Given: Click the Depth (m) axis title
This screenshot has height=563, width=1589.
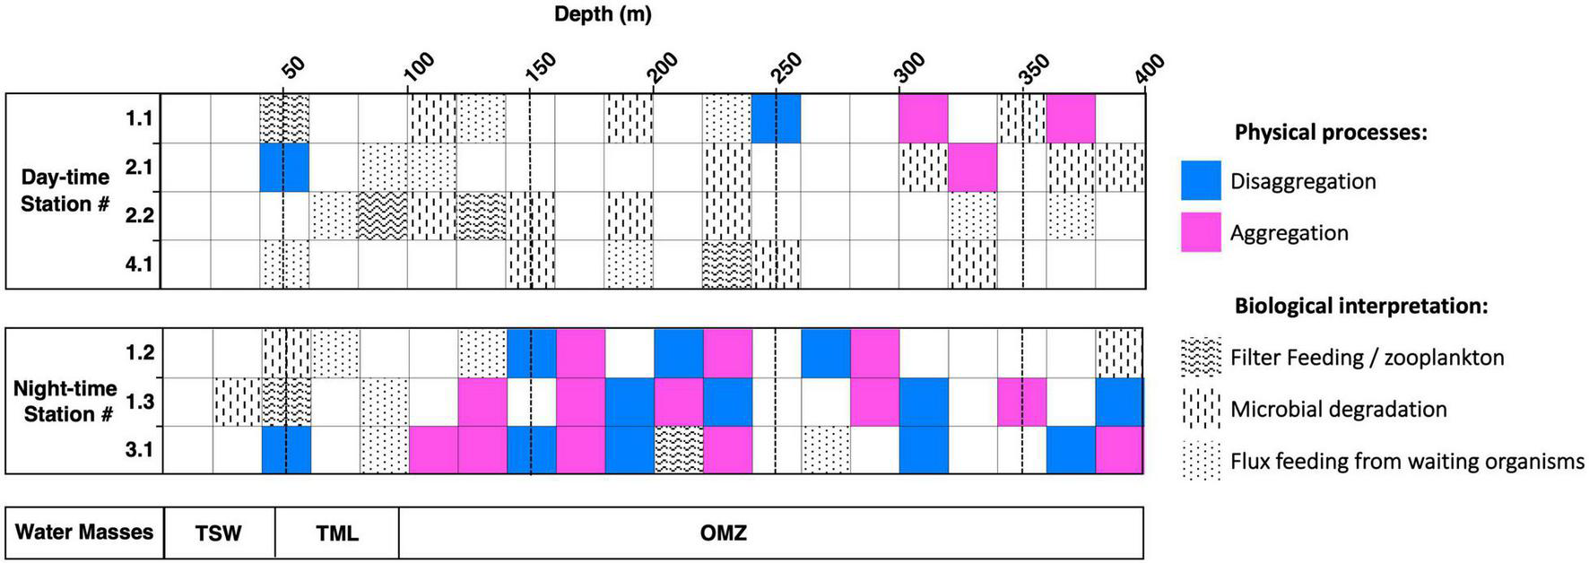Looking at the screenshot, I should (603, 14).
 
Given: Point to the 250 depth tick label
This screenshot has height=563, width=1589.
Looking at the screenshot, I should (788, 69).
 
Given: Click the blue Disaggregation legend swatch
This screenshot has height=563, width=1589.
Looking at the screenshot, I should (1201, 181).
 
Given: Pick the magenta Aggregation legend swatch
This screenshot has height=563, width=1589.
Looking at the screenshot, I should (1201, 233).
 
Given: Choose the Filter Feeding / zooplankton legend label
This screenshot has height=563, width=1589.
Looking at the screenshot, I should (1367, 358).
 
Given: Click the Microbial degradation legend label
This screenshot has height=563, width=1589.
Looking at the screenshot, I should (1338, 410).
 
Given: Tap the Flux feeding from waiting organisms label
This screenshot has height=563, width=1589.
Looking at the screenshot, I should (1407, 462).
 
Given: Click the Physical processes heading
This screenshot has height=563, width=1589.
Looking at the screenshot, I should (1331, 133).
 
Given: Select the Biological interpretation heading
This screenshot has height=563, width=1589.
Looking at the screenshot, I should (1361, 307).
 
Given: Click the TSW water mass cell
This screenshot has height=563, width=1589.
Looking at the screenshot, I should (219, 533).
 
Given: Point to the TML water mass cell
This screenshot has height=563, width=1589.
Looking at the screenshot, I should (337, 533).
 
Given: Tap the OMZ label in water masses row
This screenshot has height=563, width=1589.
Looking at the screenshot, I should (723, 533).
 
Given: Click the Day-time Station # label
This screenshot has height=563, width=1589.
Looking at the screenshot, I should (65, 191).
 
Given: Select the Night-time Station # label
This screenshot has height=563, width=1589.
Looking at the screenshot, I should (65, 402).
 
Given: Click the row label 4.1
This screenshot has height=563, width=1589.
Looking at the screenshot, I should (139, 264).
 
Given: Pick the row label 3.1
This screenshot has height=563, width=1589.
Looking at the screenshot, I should (139, 450).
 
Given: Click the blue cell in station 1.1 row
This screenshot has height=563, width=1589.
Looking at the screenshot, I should (776, 118).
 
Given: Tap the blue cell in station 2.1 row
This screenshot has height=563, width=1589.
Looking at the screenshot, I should (284, 168).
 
